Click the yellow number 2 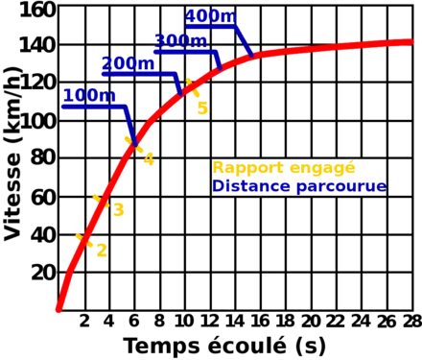[99, 251]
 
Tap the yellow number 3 [120, 209]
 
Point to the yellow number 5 [200, 107]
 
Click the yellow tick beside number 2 [81, 235]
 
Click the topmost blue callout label [210, 17]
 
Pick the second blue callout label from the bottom [128, 64]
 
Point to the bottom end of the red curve [59, 309]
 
